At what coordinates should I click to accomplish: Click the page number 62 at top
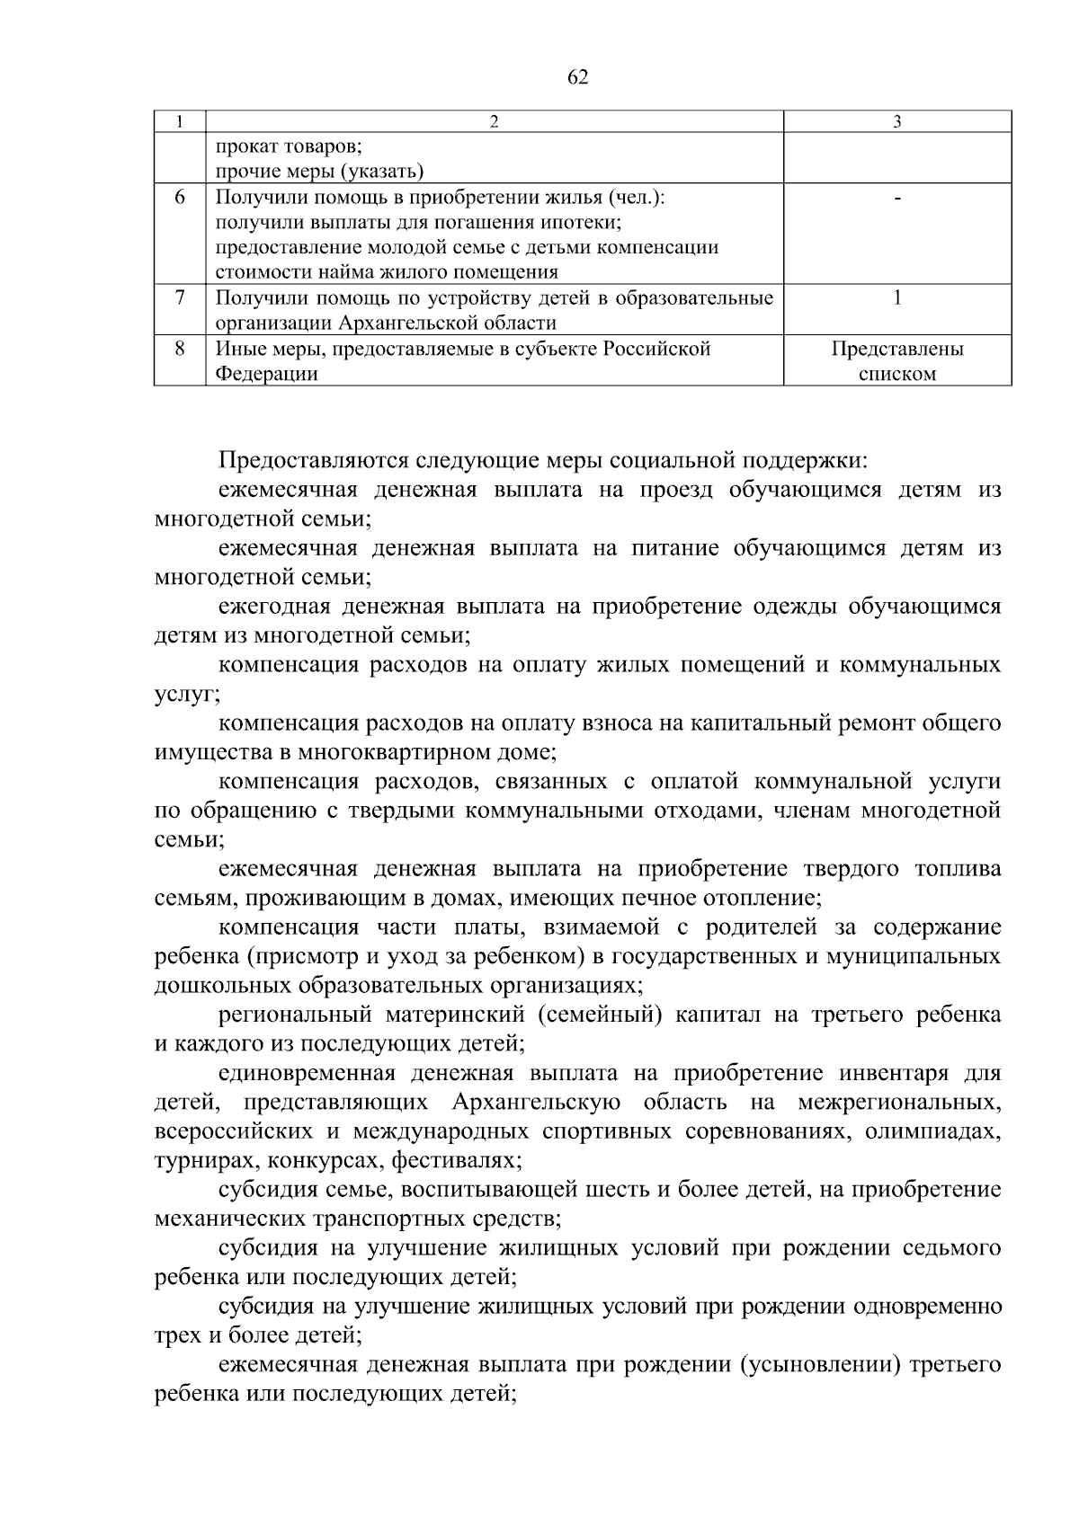pyautogui.click(x=578, y=78)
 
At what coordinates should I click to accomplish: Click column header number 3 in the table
pyautogui.click(x=896, y=122)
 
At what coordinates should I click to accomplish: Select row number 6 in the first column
pyautogui.click(x=179, y=197)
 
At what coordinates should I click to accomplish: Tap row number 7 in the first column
pyautogui.click(x=179, y=297)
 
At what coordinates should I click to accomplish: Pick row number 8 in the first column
pyautogui.click(x=179, y=349)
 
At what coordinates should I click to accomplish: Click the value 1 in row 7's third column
pyautogui.click(x=896, y=297)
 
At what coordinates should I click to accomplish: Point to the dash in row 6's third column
pyautogui.click(x=896, y=197)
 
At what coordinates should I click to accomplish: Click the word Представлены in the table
pyautogui.click(x=896, y=349)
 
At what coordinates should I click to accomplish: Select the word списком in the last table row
pyautogui.click(x=896, y=374)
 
